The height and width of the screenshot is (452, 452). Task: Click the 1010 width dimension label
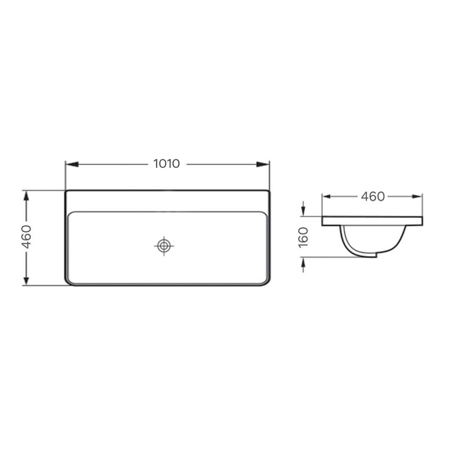[x=166, y=163]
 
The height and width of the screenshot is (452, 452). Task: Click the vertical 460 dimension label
[x=27, y=237]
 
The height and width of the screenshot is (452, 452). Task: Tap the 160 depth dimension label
[x=304, y=237]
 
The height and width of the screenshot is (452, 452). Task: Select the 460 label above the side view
[x=373, y=197]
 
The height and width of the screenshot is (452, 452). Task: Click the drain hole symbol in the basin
[x=163, y=246]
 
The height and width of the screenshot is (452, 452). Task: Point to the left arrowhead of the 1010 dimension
[x=72, y=164]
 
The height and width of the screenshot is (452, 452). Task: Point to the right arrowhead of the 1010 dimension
[x=263, y=164]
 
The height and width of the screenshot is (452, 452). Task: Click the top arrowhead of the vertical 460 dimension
[x=26, y=197]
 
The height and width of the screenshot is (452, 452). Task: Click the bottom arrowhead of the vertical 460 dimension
[x=26, y=279]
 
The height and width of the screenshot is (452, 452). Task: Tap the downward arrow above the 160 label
[x=303, y=209]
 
